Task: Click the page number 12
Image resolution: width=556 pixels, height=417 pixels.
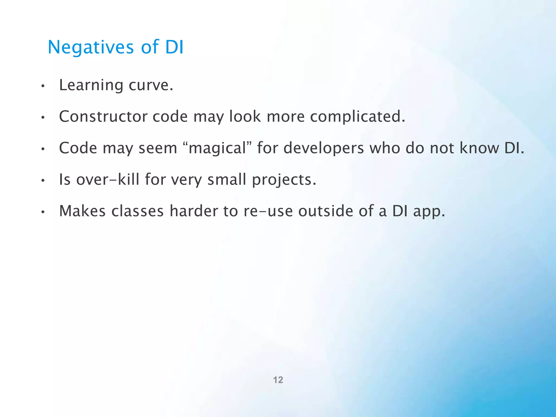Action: (278, 380)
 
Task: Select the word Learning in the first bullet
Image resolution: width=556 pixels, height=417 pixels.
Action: (91, 86)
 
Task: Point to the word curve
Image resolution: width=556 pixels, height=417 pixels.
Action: (151, 86)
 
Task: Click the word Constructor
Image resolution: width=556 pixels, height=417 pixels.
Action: (103, 117)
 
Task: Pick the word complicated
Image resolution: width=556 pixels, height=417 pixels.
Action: (358, 117)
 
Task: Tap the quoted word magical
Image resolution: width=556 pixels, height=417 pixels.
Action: (217, 148)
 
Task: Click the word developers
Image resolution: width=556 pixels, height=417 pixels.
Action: (323, 148)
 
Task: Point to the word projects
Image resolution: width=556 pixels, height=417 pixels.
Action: (284, 180)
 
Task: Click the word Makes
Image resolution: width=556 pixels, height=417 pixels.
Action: (82, 211)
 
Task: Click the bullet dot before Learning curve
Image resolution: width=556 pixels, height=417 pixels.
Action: (43, 86)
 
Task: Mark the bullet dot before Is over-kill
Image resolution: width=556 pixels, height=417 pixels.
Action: (43, 181)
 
